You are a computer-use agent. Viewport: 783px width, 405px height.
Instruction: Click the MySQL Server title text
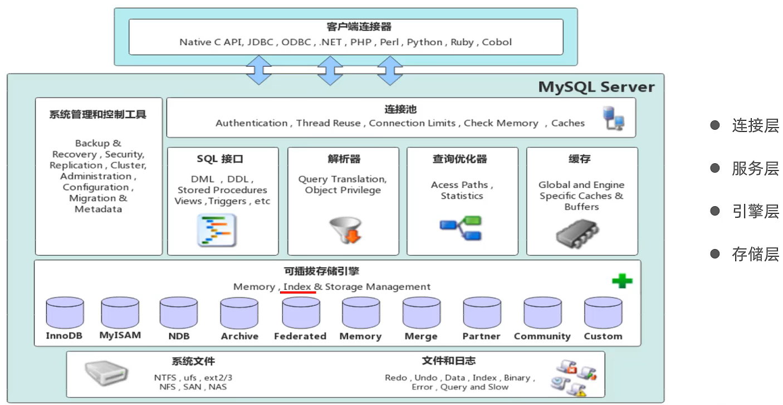point(596,87)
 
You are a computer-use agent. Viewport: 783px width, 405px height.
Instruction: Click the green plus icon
point(621,281)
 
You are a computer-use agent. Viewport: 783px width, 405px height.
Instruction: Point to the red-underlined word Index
point(297,287)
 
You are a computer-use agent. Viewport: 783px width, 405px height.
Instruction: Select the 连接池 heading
point(400,110)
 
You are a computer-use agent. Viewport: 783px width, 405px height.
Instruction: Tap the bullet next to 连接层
point(715,125)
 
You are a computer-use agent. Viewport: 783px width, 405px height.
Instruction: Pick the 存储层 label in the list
point(755,255)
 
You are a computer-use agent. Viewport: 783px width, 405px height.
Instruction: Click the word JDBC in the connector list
point(260,42)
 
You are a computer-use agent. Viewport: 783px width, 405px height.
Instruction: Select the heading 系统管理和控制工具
point(98,115)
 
